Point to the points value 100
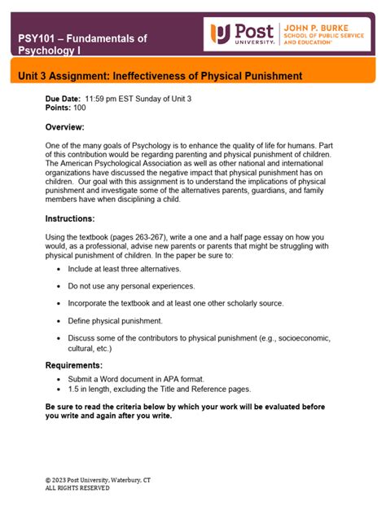pyautogui.click(x=81, y=106)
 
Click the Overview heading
pyautogui.click(x=65, y=127)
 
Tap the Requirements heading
pyautogui.click(x=73, y=365)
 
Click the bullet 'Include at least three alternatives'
pyautogui.click(x=125, y=268)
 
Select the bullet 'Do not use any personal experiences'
pyautogui.click(x=131, y=286)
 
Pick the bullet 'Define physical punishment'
pyautogui.click(x=115, y=320)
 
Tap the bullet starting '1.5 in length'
pyautogui.click(x=160, y=389)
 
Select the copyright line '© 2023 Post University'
pyautogui.click(x=98, y=480)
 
